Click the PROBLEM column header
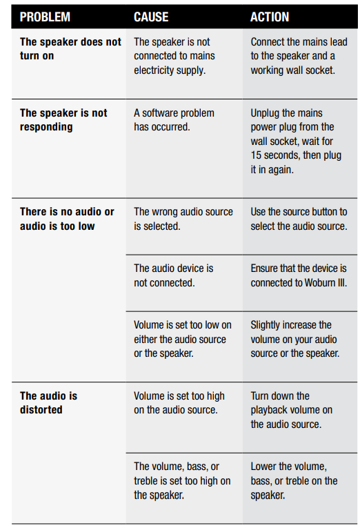coord(45,17)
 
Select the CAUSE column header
coord(151,17)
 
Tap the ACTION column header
coord(270,17)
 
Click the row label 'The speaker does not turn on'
coord(70,49)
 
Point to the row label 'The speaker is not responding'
coord(63,120)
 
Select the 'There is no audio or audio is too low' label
coord(67,219)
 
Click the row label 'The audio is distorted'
coord(48,403)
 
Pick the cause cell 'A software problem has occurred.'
coord(174,120)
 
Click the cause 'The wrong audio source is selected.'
coord(183,219)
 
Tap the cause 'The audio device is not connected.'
coord(174,275)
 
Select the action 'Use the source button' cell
coord(299,219)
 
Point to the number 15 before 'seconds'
coord(256,155)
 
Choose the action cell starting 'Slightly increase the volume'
coord(295,339)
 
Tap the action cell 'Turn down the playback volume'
coord(291,410)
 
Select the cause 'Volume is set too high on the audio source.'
coord(179,403)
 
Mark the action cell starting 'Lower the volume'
coord(294,481)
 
